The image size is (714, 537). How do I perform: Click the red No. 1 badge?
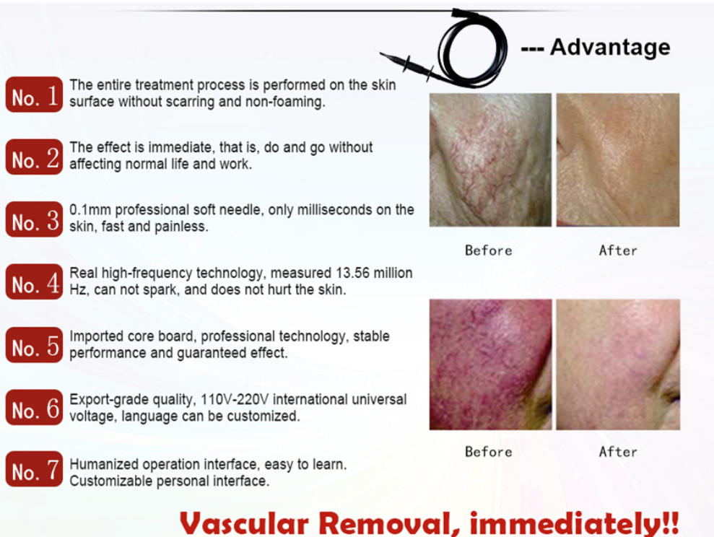pyautogui.click(x=34, y=95)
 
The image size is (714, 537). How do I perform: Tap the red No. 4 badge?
pyautogui.click(x=34, y=281)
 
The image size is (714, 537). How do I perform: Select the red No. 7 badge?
pyautogui.click(x=34, y=468)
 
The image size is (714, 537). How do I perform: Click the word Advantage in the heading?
pyautogui.click(x=610, y=48)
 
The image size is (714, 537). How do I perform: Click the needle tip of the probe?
pyautogui.click(x=380, y=53)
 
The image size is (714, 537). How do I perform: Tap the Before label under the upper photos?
pyautogui.click(x=489, y=250)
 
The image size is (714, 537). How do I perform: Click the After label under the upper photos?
pyautogui.click(x=618, y=250)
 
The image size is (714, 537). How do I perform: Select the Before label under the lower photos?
pyautogui.click(x=489, y=451)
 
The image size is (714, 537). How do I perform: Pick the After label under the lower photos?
pyautogui.click(x=618, y=451)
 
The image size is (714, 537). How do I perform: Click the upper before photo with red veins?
pyautogui.click(x=490, y=160)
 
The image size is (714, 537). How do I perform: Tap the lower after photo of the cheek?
pyautogui.click(x=618, y=364)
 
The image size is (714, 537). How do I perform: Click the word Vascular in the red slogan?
pyautogui.click(x=244, y=523)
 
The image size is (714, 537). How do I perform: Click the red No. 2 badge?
pyautogui.click(x=34, y=157)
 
